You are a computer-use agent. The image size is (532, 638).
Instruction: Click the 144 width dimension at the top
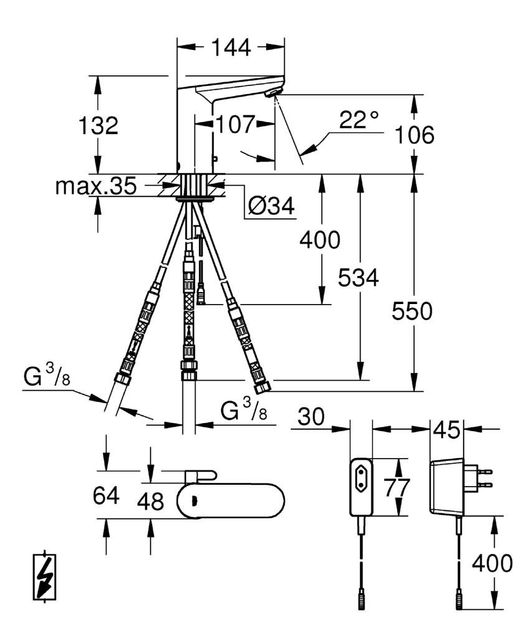pos(231,47)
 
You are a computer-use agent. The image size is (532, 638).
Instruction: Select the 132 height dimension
pos(98,126)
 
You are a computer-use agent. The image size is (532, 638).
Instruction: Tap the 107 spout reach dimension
pos(234,124)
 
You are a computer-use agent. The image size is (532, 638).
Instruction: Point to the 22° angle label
pos(359,121)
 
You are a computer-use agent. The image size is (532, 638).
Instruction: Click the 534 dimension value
pos(358,279)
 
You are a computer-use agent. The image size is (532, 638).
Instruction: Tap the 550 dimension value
pos(412,312)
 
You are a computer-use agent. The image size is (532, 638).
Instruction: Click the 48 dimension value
pos(150,502)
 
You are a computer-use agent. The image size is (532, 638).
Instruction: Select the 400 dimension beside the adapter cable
pos(492,564)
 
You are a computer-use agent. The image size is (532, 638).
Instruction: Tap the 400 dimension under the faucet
pos(320,239)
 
